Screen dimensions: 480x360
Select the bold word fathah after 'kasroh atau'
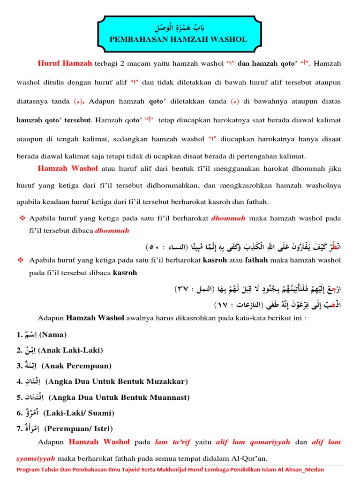pos(258,260)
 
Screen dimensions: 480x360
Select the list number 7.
pos(19,428)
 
